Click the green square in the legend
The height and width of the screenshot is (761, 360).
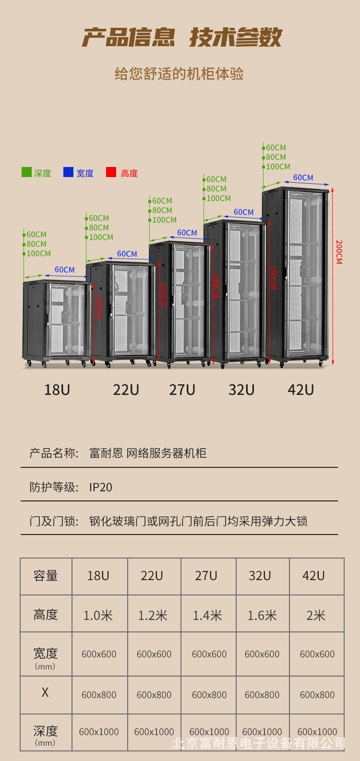click(26, 172)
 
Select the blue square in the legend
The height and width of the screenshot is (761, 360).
click(68, 172)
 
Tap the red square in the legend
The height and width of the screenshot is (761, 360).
click(111, 172)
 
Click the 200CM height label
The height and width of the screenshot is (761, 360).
click(339, 252)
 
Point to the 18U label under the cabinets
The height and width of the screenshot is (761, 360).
click(57, 390)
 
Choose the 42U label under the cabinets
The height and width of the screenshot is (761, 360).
click(300, 390)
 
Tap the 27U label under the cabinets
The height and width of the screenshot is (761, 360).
click(182, 390)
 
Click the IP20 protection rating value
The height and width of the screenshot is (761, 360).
click(101, 488)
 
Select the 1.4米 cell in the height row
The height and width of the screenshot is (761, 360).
click(207, 615)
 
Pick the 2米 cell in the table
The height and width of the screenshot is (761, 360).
click(316, 615)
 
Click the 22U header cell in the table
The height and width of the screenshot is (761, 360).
click(152, 576)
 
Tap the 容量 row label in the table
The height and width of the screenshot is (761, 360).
click(46, 576)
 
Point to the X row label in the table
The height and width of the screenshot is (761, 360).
click(45, 692)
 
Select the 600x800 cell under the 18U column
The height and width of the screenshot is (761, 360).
click(99, 695)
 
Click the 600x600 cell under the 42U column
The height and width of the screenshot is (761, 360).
click(317, 654)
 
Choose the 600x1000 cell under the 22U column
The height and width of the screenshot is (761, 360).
click(154, 732)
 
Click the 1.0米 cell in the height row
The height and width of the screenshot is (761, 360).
click(98, 615)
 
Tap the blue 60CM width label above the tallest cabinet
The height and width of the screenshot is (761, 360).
click(303, 178)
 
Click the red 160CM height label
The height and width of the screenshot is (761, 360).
click(274, 278)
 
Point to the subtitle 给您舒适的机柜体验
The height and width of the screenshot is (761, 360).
click(179, 74)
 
